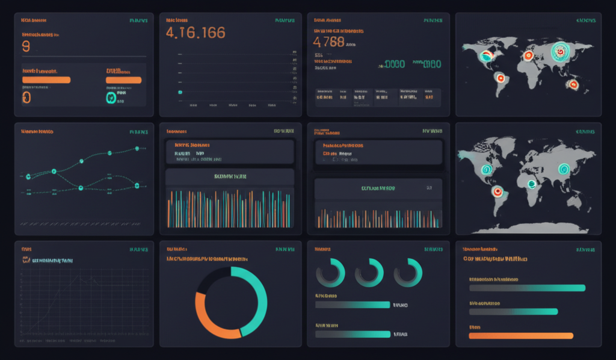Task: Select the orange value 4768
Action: tap(329, 42)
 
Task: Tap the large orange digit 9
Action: tap(25, 46)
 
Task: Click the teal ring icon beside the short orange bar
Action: tap(111, 98)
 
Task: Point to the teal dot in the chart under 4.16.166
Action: tap(179, 92)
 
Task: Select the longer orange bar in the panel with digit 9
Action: tap(46, 79)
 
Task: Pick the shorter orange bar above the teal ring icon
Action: tap(123, 79)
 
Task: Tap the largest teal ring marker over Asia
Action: tap(559, 53)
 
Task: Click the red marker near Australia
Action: tap(573, 85)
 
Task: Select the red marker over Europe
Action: tap(528, 56)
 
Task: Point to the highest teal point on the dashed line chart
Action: tap(137, 148)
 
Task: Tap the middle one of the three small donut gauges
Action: tap(369, 272)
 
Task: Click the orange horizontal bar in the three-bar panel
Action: tap(520, 335)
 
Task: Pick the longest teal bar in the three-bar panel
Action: tap(526, 288)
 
